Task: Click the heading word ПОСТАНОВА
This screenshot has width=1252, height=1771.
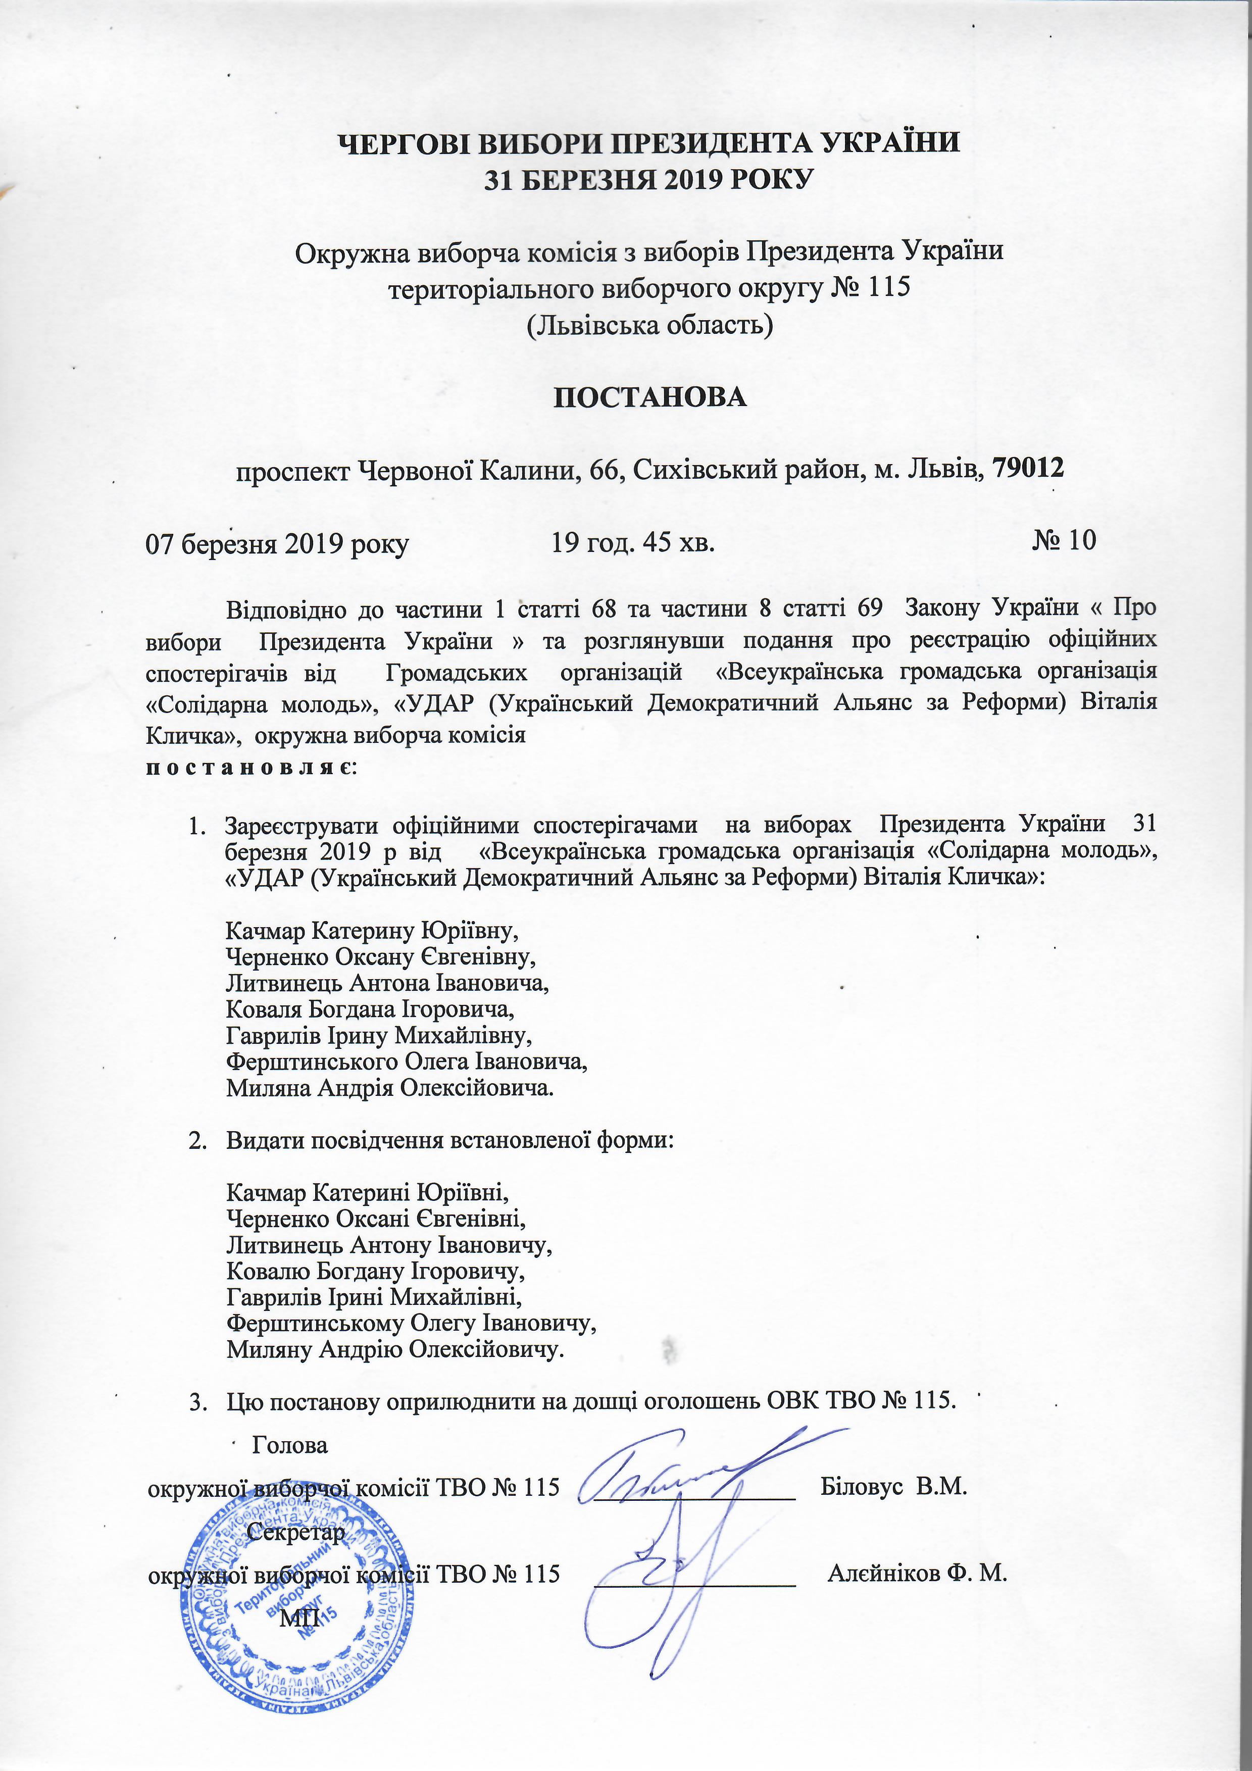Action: [650, 398]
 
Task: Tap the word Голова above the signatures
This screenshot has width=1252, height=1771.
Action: [289, 1445]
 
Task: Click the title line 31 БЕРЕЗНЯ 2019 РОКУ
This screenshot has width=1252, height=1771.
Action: [649, 180]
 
